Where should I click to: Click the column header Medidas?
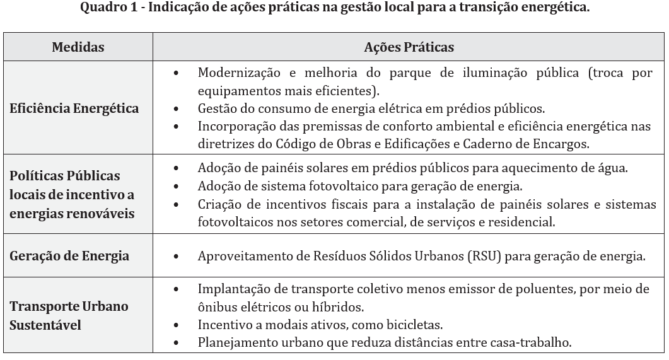(78, 47)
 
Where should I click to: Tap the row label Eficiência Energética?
(74, 108)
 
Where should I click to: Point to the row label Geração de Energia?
(69, 256)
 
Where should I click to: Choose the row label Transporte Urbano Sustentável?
(69, 316)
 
